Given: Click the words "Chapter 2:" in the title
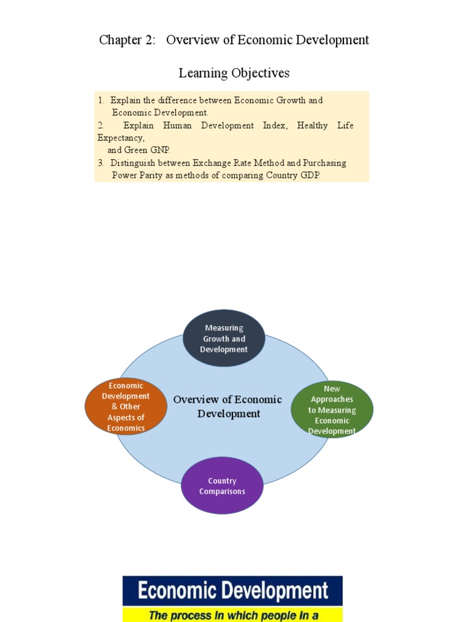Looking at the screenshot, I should click(x=127, y=40).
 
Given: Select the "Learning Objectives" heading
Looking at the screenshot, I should click(x=234, y=73).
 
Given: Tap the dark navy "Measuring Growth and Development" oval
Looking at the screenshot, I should click(x=224, y=338).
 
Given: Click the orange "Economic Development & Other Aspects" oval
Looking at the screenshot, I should click(x=126, y=406).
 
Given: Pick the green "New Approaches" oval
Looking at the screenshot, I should click(x=332, y=409).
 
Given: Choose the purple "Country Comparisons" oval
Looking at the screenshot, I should click(x=222, y=486).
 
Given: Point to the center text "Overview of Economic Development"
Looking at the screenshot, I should click(x=228, y=406).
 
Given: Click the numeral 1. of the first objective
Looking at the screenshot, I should click(x=101, y=100).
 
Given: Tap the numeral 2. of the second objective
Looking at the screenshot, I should click(x=101, y=125).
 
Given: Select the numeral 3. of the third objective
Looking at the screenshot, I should click(x=101, y=163).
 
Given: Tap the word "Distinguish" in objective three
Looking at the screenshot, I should click(x=132, y=163).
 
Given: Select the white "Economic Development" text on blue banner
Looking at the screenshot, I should click(x=232, y=591).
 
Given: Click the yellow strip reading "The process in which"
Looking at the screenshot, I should click(x=232, y=615).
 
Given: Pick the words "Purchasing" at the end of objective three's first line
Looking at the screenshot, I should click(x=324, y=163).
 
